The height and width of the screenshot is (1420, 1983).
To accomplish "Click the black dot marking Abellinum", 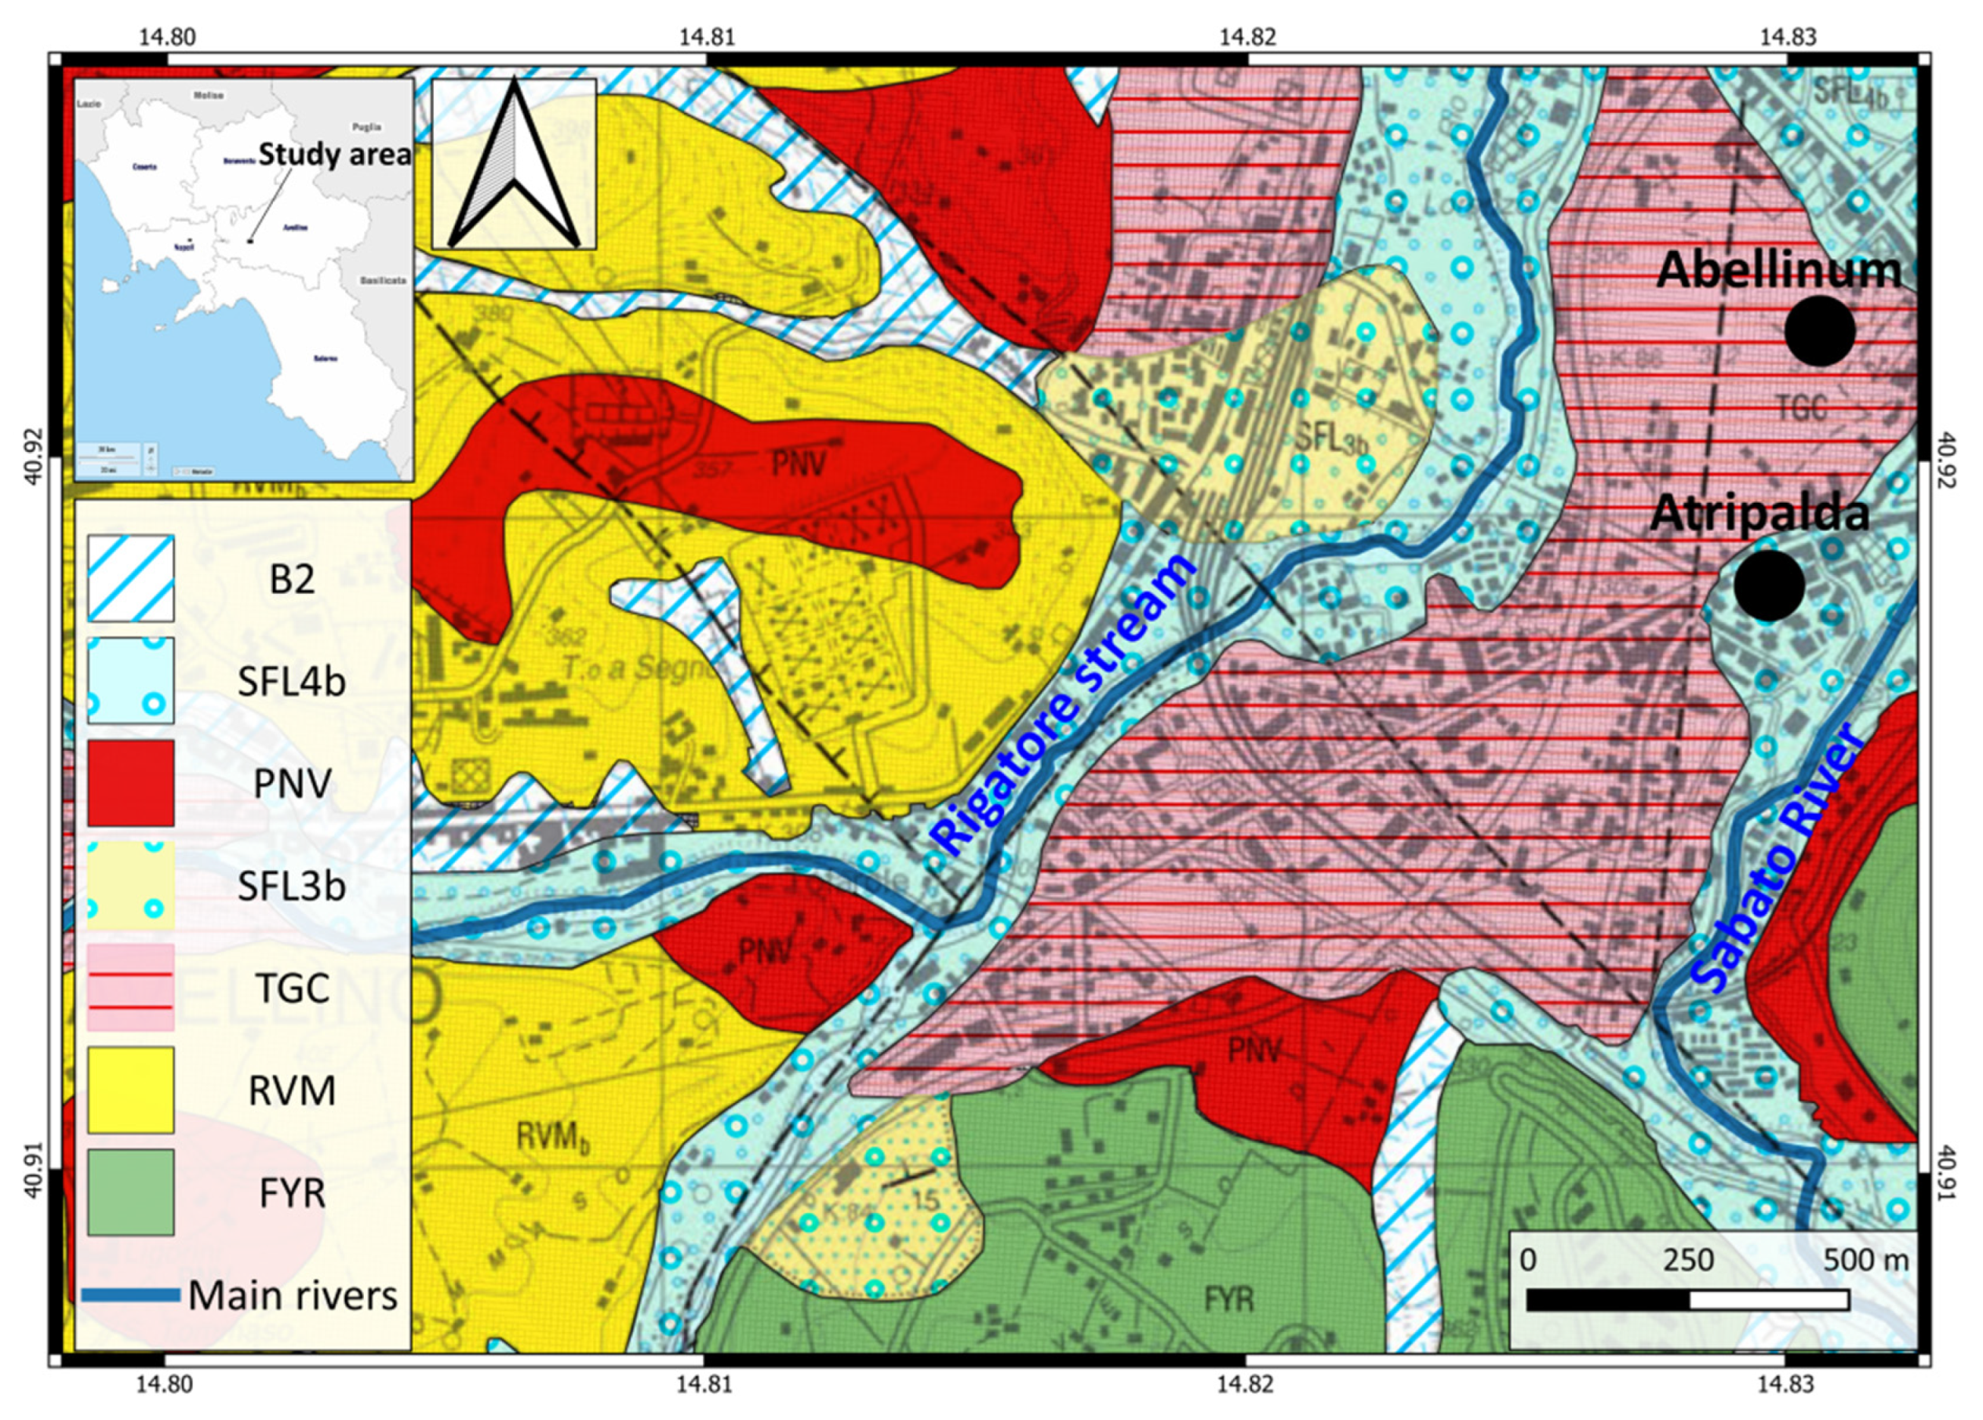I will click(x=1820, y=330).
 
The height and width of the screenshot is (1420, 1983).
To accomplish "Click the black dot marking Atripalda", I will click(x=1769, y=586).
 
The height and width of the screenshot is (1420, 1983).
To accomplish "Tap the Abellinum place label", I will click(x=1777, y=269).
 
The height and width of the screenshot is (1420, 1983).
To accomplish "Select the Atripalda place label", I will click(x=1759, y=513).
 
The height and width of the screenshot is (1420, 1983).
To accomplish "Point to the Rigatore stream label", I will click(x=1063, y=704).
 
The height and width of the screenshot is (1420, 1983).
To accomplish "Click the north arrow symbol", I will click(x=514, y=165).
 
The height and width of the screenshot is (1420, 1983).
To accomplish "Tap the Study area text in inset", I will click(x=334, y=155).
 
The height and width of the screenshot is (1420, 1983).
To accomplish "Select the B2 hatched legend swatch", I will click(x=130, y=579).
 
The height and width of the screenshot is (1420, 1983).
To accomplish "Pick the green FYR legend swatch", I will click(x=130, y=1192).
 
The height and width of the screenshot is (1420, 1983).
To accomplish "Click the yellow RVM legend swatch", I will click(x=130, y=1090).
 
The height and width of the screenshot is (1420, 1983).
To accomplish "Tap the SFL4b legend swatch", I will click(x=130, y=680).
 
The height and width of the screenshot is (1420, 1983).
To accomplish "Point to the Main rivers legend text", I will click(x=292, y=1295).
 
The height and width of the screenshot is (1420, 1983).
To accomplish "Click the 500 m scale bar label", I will click(x=1865, y=1260).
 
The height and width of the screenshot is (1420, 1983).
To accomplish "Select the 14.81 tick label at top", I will click(x=707, y=37).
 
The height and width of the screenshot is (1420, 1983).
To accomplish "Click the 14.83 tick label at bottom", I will click(x=1786, y=1385).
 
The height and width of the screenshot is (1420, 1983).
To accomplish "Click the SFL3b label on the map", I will click(x=1330, y=438).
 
